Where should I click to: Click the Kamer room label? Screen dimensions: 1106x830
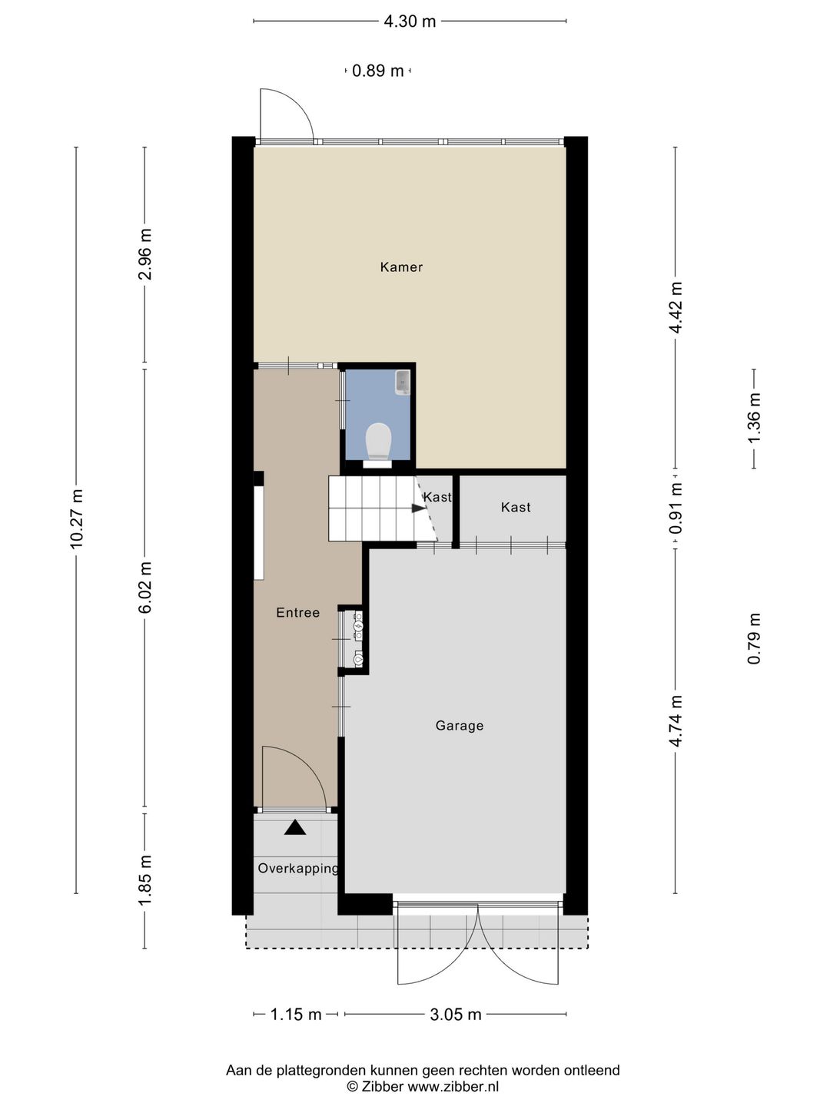click(x=401, y=267)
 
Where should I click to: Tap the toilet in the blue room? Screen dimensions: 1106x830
click(x=378, y=442)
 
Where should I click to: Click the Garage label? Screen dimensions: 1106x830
click(x=459, y=726)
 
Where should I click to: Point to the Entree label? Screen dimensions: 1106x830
click(x=297, y=613)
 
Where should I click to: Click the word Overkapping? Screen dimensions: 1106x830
click(x=298, y=869)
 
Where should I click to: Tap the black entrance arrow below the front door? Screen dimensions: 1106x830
click(x=295, y=828)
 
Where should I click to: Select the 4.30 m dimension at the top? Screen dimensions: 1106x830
click(x=410, y=22)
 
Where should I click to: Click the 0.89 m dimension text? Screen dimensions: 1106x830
click(x=377, y=71)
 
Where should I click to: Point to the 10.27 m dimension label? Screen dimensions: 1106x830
click(x=76, y=518)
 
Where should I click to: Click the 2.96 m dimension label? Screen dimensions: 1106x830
click(x=145, y=254)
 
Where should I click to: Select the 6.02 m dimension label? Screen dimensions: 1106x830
click(x=145, y=588)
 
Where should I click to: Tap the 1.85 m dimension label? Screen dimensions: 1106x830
click(x=145, y=880)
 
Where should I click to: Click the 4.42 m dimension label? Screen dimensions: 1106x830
click(x=676, y=307)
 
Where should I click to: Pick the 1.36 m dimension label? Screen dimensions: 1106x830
click(x=754, y=418)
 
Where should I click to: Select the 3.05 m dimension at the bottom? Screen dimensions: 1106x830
click(x=455, y=1015)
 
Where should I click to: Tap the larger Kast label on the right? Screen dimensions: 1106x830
click(x=515, y=508)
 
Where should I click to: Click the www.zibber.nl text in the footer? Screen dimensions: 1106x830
click(x=453, y=1087)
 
